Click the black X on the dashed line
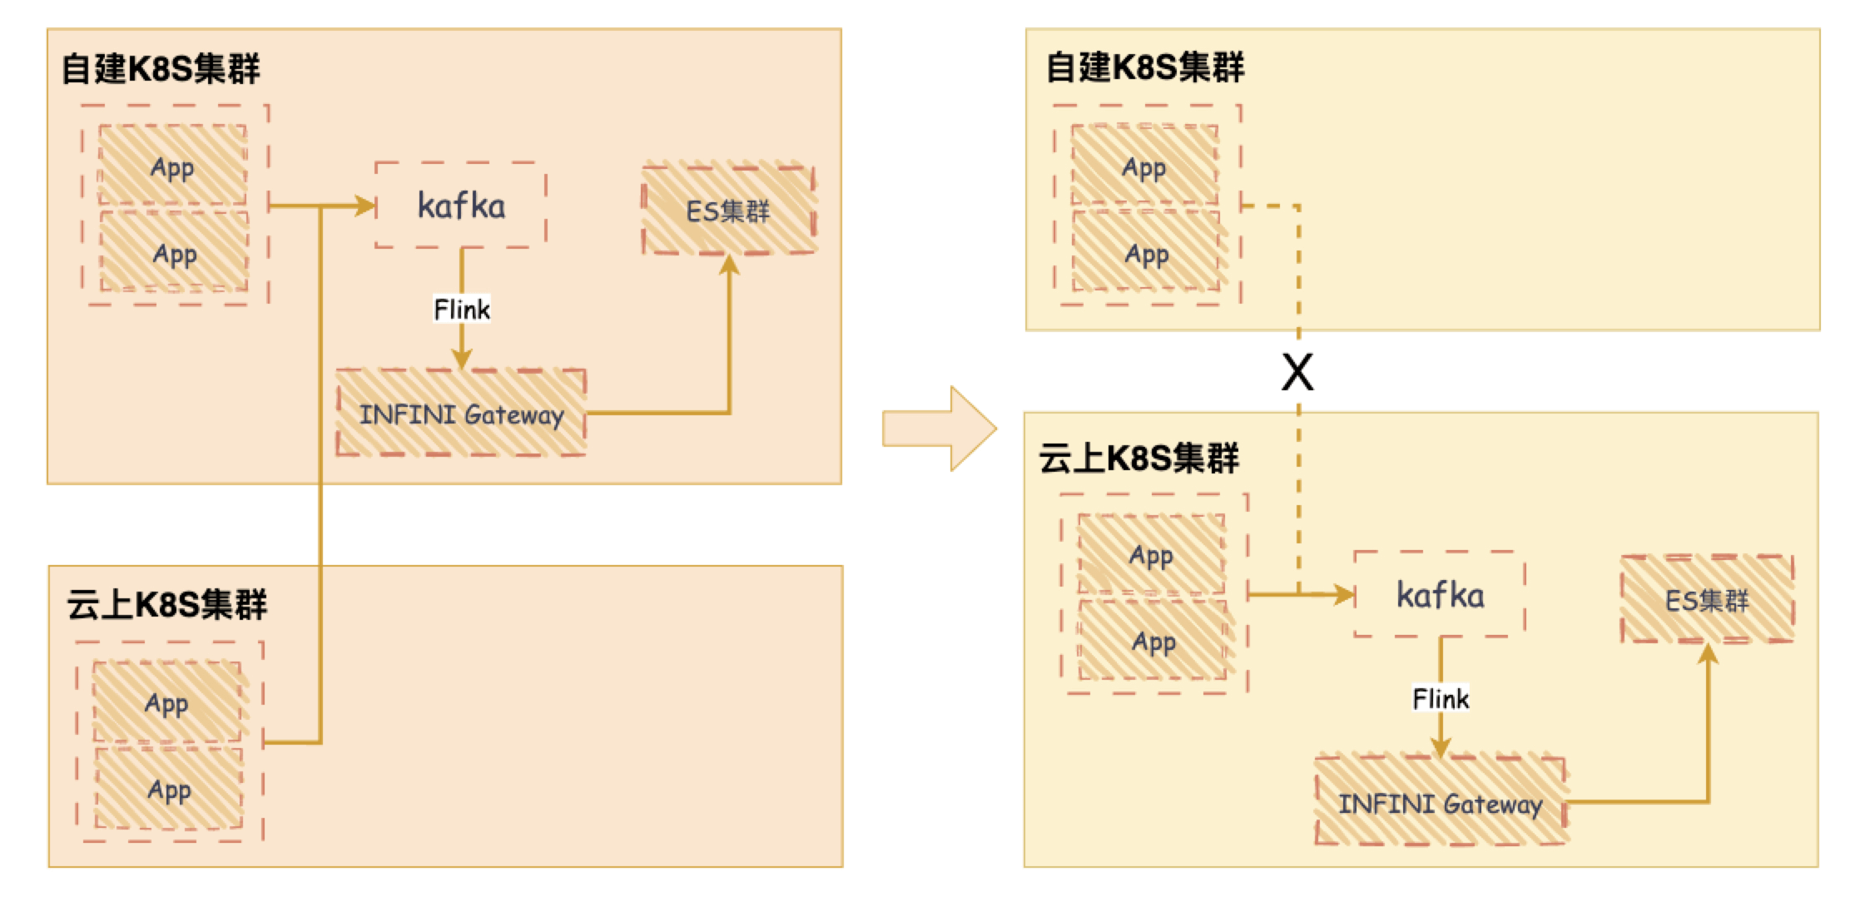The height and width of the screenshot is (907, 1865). (x=1297, y=372)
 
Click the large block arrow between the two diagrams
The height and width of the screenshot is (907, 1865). (x=940, y=429)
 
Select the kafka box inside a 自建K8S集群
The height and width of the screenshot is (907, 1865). (x=461, y=206)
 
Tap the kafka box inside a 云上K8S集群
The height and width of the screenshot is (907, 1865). (x=1440, y=595)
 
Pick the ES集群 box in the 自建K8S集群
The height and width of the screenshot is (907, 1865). (x=728, y=211)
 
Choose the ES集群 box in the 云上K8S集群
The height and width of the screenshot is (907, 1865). (x=1707, y=600)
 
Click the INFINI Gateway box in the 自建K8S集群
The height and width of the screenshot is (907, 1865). (x=461, y=414)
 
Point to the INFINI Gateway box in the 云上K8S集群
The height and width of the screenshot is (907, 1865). (x=1440, y=803)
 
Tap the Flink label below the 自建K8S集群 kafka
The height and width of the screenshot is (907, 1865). (x=462, y=310)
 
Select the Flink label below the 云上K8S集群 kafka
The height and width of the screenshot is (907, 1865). (x=1441, y=698)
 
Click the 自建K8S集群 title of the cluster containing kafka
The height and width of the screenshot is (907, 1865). (x=161, y=68)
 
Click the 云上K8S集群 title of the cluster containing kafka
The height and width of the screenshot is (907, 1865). (x=1138, y=458)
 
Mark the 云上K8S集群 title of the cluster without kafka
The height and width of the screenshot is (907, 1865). (x=166, y=604)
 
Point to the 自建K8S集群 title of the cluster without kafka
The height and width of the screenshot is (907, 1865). (x=1144, y=67)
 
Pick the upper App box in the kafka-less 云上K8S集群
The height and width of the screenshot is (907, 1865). (x=166, y=703)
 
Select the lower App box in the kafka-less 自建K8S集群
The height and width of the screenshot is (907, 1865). (x=1146, y=253)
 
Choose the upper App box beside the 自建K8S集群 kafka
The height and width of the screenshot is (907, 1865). (x=172, y=166)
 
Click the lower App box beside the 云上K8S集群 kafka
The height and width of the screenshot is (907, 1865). (x=1153, y=641)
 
